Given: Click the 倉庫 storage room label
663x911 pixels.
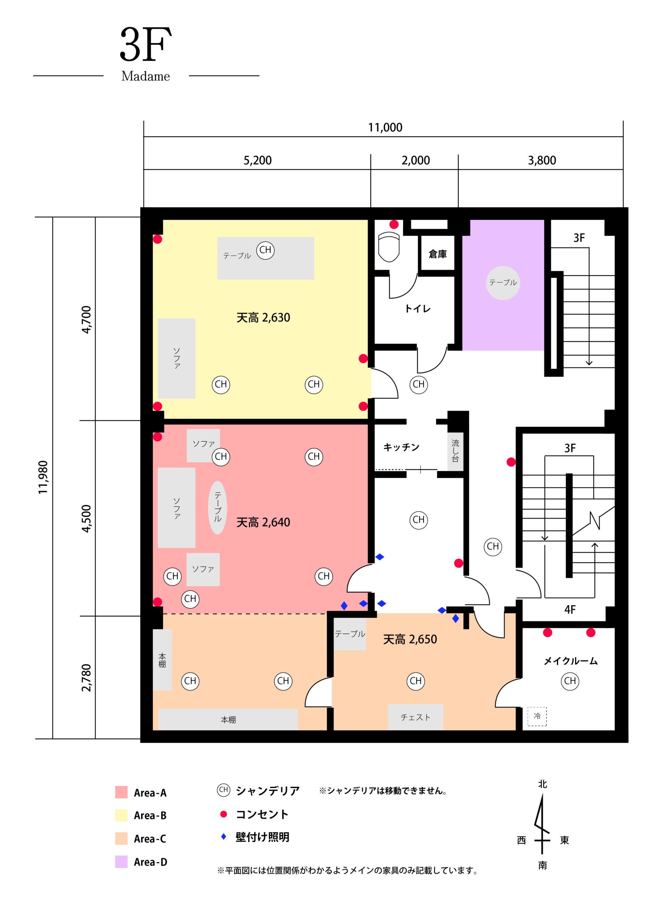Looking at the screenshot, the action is click(438, 254).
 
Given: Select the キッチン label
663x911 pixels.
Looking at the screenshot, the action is click(401, 447).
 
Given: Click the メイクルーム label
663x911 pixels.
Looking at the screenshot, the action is click(570, 661).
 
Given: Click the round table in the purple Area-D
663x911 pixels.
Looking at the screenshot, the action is click(503, 283).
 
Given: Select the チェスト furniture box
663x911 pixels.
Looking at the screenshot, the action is click(416, 717).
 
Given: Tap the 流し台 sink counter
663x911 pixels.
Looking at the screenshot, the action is click(455, 452).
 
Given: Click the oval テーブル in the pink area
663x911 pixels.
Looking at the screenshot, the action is click(218, 507).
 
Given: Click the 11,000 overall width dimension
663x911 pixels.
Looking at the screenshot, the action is click(385, 127).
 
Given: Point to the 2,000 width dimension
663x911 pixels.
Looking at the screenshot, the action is click(416, 160).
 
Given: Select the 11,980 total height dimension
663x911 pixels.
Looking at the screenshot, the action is click(43, 477).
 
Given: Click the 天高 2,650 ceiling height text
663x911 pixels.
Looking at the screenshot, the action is click(410, 639).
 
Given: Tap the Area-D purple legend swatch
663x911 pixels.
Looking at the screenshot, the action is click(121, 862).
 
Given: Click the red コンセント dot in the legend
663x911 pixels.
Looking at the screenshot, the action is click(224, 814).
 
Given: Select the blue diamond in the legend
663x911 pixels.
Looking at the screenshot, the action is click(224, 837).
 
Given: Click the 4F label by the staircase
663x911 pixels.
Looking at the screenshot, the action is click(570, 610).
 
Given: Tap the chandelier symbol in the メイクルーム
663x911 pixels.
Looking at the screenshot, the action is click(570, 681).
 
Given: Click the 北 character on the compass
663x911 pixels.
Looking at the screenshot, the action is click(542, 784).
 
